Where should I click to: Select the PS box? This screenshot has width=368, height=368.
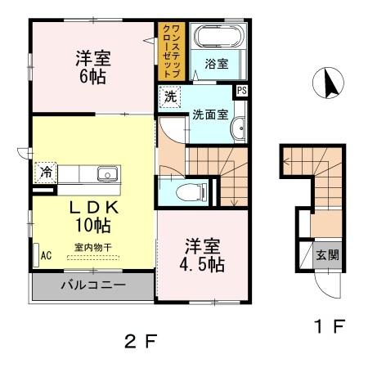pyautogui.click(x=242, y=91)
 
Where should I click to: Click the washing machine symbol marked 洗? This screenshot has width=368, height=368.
pyautogui.click(x=170, y=96)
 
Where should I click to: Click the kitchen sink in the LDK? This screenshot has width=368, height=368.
pyautogui.click(x=108, y=173)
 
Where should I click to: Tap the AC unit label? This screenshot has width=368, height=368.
pyautogui.click(x=46, y=255)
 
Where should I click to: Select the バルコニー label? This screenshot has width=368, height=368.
pyautogui.click(x=92, y=287)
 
